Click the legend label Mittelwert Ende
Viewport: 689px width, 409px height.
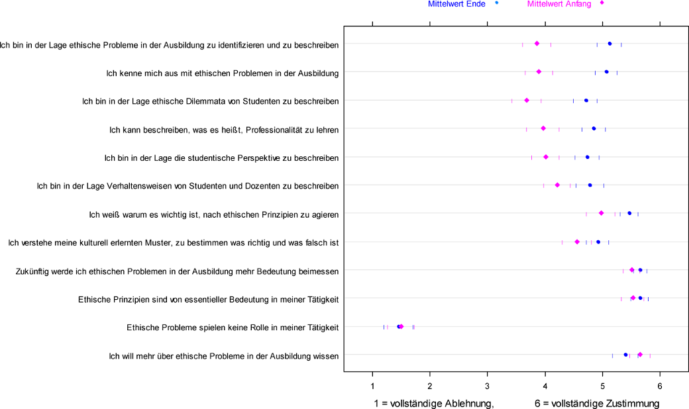click(456, 4)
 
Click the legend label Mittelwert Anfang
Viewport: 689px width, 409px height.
click(559, 4)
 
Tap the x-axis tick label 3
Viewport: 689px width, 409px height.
click(488, 386)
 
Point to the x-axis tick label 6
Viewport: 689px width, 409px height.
click(660, 386)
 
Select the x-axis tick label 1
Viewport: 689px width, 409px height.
click(373, 386)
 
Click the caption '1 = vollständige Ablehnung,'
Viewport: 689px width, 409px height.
click(434, 403)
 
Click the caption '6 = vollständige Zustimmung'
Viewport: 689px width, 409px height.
click(597, 403)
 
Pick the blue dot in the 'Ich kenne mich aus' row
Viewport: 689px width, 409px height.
click(606, 72)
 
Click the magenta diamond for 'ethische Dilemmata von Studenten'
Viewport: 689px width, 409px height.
click(527, 101)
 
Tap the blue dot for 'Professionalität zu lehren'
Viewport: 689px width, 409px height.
click(594, 128)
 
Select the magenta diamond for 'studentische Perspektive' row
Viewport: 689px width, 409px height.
click(546, 157)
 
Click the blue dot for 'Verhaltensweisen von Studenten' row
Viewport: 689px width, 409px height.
click(590, 185)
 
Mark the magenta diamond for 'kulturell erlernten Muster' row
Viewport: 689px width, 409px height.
click(577, 242)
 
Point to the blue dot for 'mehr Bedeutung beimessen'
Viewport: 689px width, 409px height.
click(640, 270)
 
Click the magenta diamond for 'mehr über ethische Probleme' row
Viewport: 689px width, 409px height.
click(640, 355)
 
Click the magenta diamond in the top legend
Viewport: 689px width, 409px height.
click(602, 3)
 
